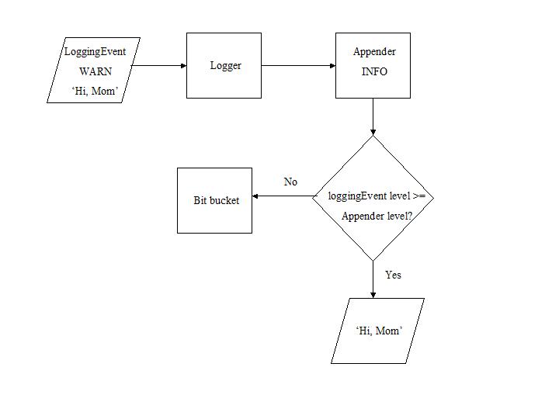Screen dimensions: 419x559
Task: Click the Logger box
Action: tap(224, 66)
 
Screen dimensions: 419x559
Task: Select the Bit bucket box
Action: tap(215, 200)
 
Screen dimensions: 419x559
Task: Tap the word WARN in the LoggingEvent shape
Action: tap(95, 71)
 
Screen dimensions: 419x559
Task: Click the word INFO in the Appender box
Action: tap(374, 71)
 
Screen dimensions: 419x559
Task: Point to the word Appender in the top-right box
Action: tap(374, 52)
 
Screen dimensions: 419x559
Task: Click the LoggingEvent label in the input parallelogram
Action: tap(95, 52)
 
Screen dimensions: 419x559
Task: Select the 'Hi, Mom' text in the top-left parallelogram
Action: tap(94, 91)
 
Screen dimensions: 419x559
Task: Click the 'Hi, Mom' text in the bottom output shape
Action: tap(379, 331)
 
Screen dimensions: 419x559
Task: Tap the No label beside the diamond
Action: tap(290, 182)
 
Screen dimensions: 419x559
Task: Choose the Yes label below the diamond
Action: tap(393, 275)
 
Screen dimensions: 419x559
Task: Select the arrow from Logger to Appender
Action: tap(298, 66)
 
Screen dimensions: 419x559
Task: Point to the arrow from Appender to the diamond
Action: tap(373, 116)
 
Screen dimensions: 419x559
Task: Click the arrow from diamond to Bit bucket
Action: tap(283, 196)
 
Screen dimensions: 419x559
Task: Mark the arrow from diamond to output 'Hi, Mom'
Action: tap(373, 279)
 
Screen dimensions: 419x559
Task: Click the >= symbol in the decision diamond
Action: tap(418, 196)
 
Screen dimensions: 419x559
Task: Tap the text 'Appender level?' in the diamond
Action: tap(377, 216)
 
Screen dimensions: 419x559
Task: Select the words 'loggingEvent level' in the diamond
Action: tap(369, 196)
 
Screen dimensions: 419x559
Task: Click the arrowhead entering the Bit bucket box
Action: tap(256, 196)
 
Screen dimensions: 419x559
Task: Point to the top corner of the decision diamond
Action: tap(373, 137)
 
